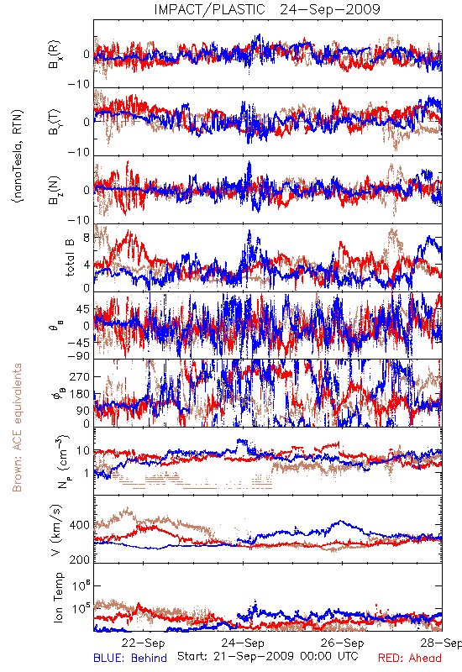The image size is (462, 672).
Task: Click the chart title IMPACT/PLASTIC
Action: point(209,9)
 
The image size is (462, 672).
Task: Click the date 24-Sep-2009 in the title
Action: point(330,9)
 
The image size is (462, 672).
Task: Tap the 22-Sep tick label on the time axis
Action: point(143,643)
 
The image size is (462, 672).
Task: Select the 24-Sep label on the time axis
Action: point(243,643)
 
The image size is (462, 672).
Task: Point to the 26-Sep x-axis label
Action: point(343,643)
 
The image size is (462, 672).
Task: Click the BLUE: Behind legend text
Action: point(130,658)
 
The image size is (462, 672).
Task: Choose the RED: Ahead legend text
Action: point(409,658)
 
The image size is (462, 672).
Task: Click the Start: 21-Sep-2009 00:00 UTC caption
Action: point(268,656)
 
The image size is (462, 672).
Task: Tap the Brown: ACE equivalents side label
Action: point(17,428)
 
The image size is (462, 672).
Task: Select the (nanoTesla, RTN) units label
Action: point(18,155)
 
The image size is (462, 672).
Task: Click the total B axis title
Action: point(70,258)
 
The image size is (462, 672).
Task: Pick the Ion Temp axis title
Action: point(58,597)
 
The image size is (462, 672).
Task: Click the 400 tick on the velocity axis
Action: point(79,525)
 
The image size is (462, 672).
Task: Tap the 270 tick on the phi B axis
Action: point(80,376)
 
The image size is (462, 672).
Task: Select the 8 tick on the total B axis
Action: point(87,238)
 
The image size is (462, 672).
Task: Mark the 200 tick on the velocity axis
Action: point(79,559)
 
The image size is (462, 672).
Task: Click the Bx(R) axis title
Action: point(55,55)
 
